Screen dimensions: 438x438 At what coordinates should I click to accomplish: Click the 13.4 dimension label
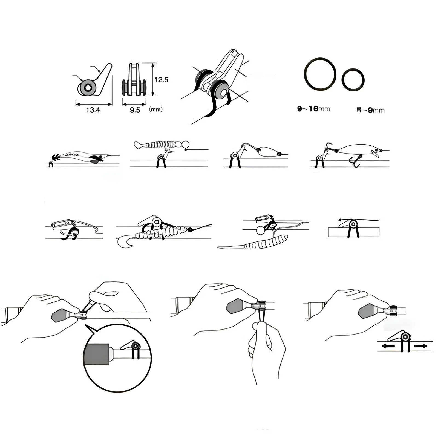(x=93, y=110)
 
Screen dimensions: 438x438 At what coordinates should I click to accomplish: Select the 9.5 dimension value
(x=135, y=110)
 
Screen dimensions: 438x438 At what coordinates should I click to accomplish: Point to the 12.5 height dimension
(x=162, y=80)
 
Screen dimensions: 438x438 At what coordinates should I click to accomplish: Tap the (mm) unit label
(x=156, y=109)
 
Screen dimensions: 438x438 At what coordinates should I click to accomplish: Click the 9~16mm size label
(x=314, y=109)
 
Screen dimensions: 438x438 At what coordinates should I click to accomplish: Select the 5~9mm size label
(x=370, y=110)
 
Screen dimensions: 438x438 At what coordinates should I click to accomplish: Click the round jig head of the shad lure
(x=185, y=144)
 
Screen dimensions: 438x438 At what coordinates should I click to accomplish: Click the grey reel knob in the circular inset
(x=97, y=354)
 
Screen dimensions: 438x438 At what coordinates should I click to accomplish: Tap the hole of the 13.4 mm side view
(x=88, y=88)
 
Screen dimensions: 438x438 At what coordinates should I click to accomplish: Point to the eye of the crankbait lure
(x=379, y=151)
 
